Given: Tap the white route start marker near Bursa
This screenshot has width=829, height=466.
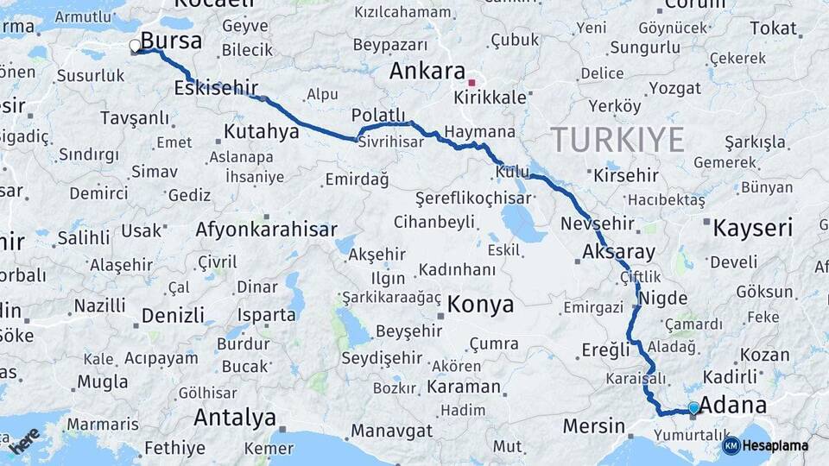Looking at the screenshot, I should click(x=135, y=47).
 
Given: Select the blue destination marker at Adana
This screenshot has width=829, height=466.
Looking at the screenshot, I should click(x=693, y=408).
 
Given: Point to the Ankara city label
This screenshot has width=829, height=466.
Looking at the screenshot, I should click(x=427, y=71).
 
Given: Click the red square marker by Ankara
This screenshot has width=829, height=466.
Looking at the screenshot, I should click(x=471, y=83).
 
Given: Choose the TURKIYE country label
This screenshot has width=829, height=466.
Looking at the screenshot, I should click(x=617, y=139).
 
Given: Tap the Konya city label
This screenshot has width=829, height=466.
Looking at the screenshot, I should click(x=480, y=304).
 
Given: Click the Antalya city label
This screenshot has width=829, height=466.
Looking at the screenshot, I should click(x=234, y=418).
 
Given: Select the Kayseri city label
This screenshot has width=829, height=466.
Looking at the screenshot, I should click(x=752, y=228).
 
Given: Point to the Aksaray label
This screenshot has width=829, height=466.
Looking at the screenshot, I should click(x=618, y=253).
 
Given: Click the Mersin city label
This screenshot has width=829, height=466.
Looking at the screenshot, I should click(x=593, y=425).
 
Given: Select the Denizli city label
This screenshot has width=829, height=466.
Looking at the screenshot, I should click(x=173, y=315).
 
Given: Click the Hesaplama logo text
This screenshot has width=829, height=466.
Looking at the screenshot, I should click(x=775, y=445).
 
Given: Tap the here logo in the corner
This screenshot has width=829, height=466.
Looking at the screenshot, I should click(x=23, y=439).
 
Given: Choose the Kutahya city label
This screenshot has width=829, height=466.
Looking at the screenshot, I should click(x=261, y=131).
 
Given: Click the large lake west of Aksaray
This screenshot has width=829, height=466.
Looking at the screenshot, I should click(x=523, y=223).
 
